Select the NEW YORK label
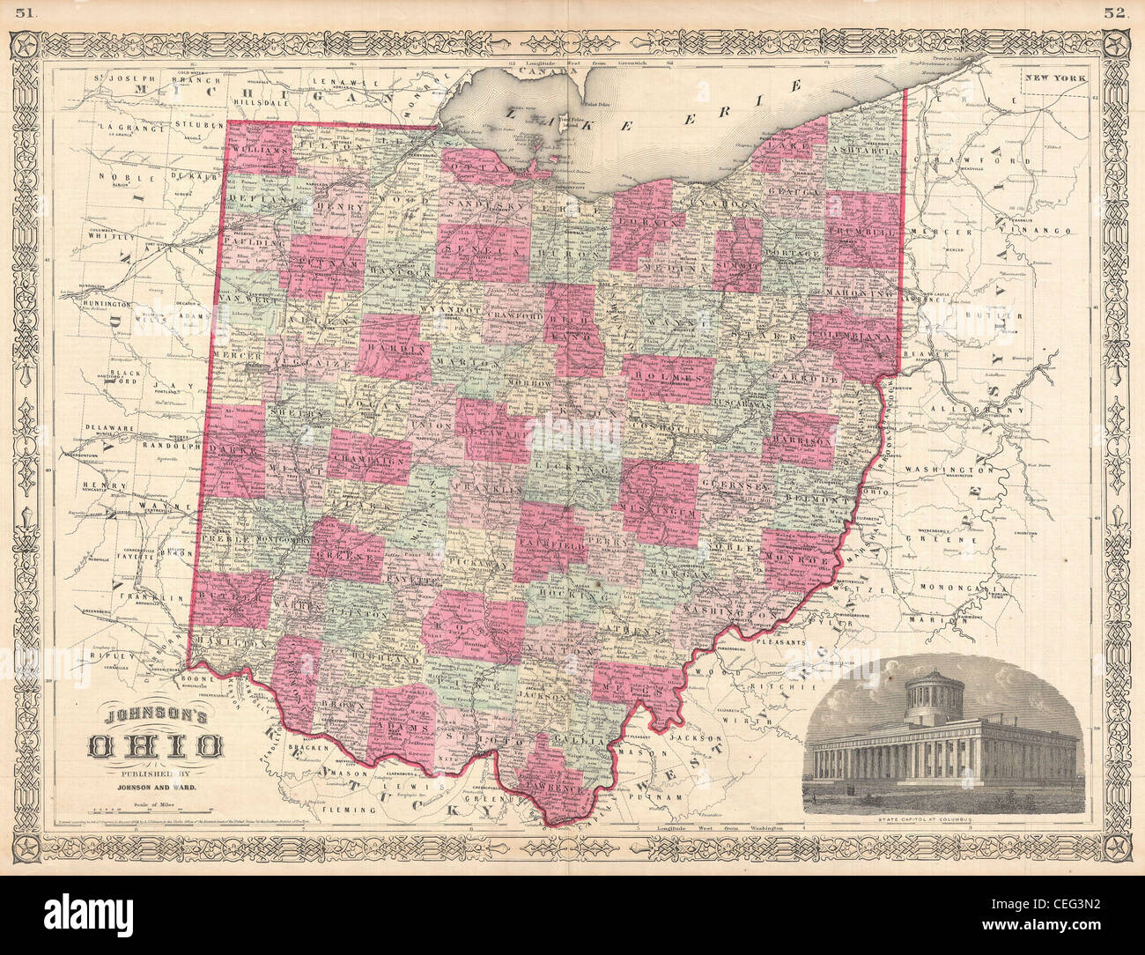coord(1054,79)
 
